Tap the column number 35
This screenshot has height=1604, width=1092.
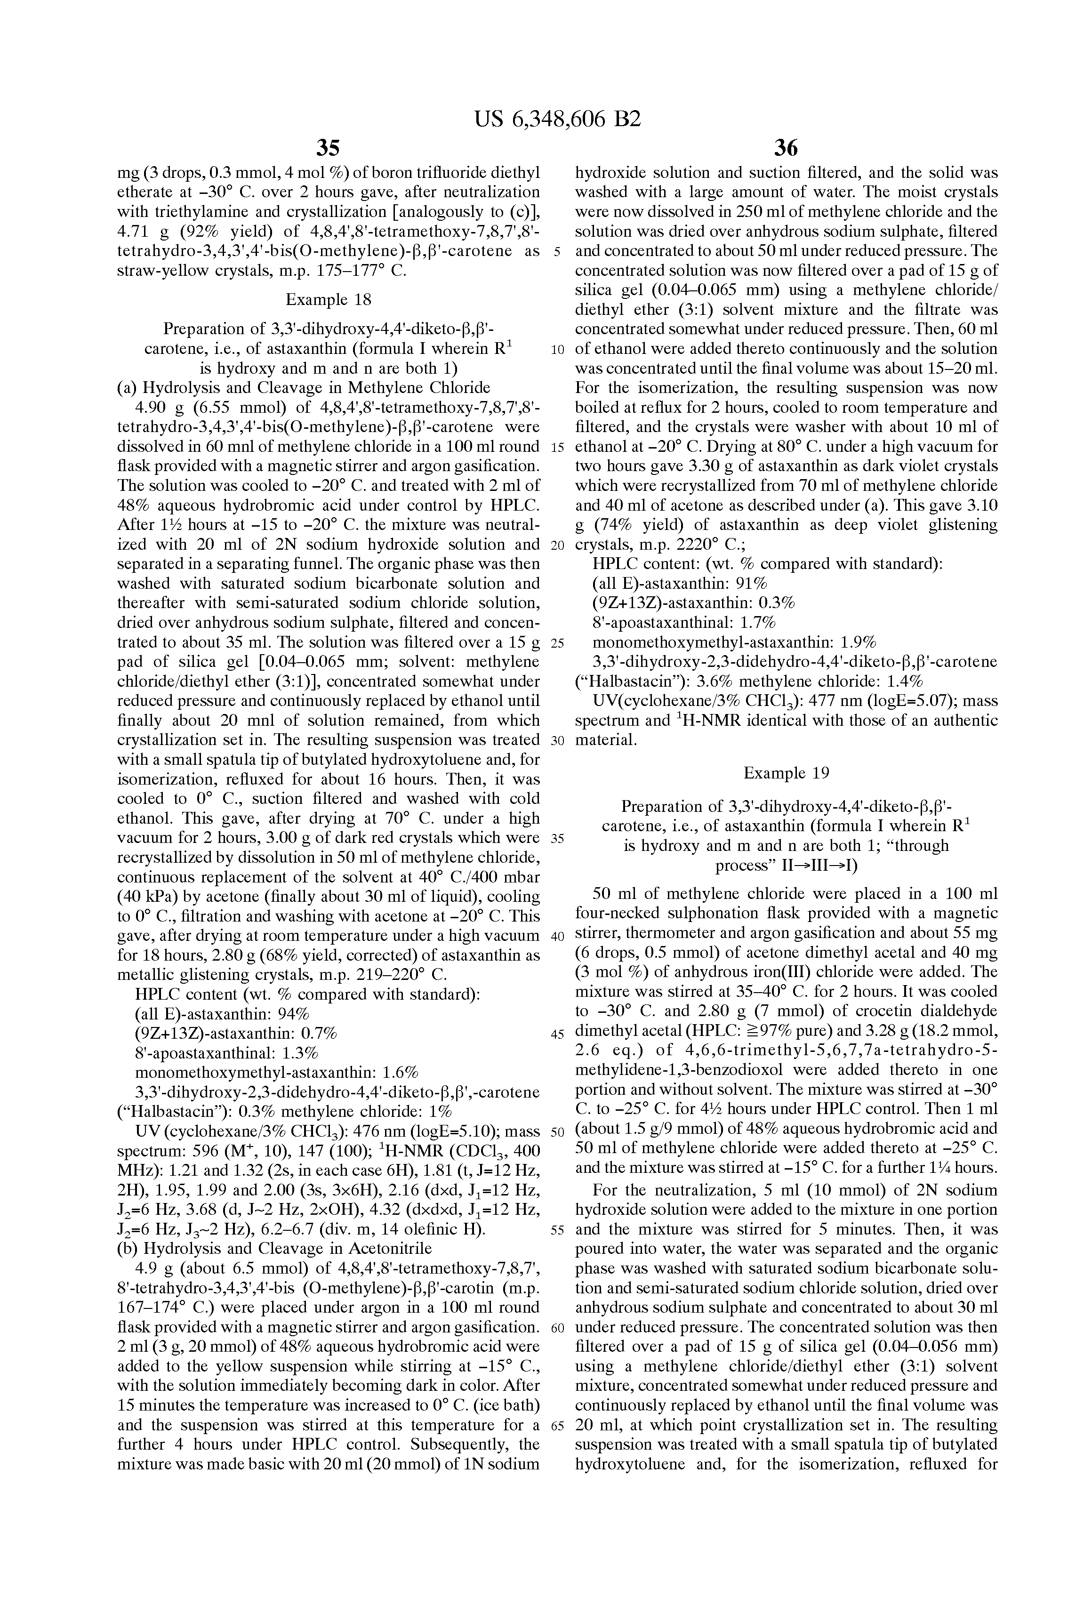point(328,148)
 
